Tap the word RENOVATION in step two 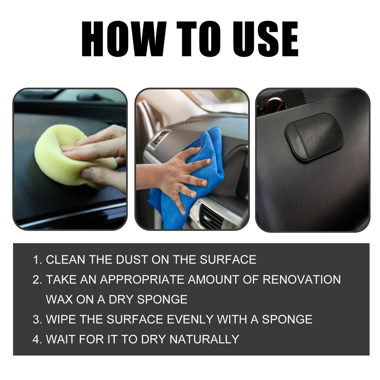click(301, 280)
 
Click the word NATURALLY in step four click(204, 339)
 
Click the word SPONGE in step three click(287, 320)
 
